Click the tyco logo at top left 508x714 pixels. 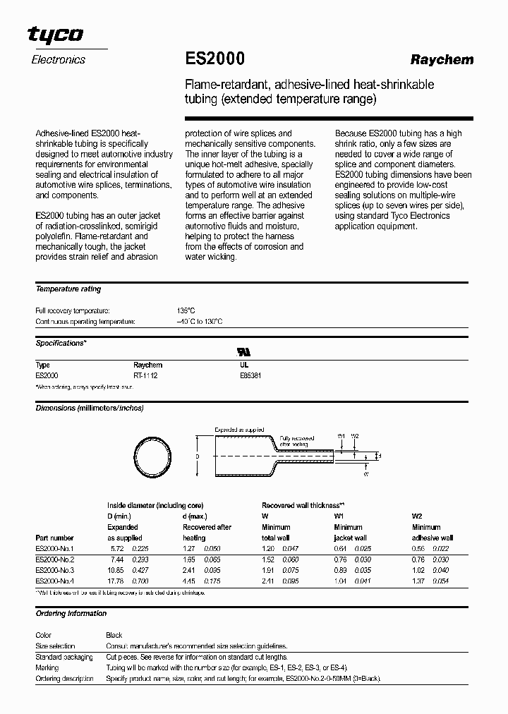click(56, 35)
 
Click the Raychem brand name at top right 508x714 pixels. click(442, 60)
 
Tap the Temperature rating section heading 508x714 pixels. click(68, 289)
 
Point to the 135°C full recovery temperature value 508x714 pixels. click(186, 310)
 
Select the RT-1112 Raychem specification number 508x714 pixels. click(145, 376)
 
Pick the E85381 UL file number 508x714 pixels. click(250, 376)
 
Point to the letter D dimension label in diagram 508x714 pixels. click(198, 456)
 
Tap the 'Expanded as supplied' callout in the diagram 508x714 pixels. click(238, 429)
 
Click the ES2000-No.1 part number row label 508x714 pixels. click(54, 548)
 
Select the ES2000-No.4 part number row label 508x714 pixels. click(54, 581)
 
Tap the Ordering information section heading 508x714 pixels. click(71, 614)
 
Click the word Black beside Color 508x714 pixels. click(114, 635)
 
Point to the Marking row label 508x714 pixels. click(47, 667)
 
